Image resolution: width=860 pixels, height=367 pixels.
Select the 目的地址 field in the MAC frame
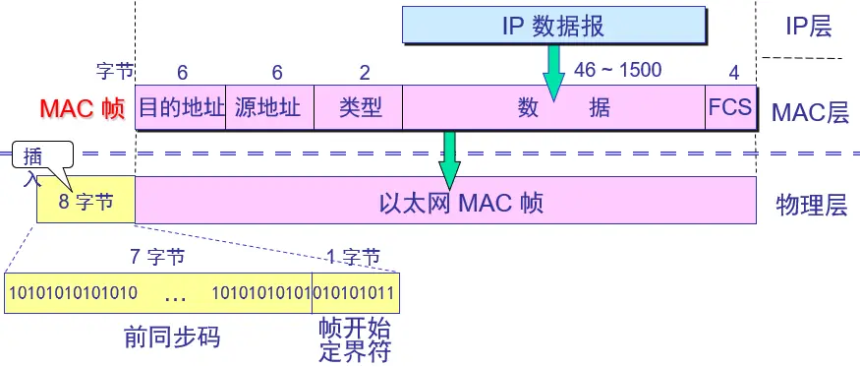click(x=181, y=106)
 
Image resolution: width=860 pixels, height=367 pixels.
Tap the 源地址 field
click(x=269, y=106)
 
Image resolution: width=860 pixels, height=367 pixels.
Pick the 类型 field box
click(x=359, y=106)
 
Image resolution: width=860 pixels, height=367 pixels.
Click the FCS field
click(x=730, y=106)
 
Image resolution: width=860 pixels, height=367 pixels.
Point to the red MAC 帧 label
click(x=83, y=108)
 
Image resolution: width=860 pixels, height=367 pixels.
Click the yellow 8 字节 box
click(x=86, y=202)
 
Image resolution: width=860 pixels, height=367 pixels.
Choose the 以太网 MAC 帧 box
click(x=445, y=202)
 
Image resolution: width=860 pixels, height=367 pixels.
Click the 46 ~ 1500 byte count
click(x=617, y=70)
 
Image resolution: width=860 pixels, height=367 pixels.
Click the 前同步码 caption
click(x=172, y=337)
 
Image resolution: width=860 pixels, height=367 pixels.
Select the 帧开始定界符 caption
click(x=354, y=338)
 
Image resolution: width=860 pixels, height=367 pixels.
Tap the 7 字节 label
click(x=157, y=258)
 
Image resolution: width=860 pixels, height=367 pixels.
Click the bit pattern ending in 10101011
click(x=355, y=292)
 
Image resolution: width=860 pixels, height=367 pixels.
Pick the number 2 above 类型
click(x=365, y=72)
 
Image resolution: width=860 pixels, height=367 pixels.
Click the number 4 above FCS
click(x=733, y=72)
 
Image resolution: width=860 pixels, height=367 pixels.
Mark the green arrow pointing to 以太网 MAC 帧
click(x=449, y=157)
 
